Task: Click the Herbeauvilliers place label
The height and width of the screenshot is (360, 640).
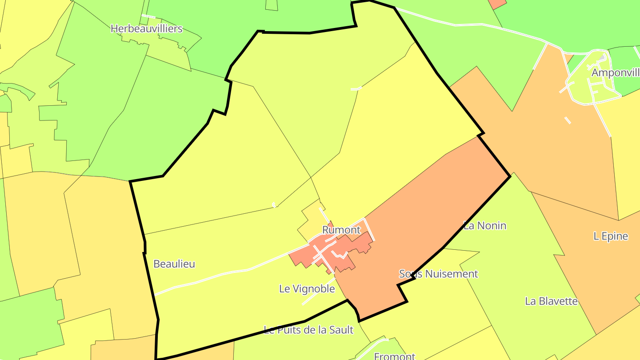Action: point(146,29)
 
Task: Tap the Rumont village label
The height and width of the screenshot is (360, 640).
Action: point(341,230)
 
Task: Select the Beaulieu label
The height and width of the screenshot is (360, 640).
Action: point(174,264)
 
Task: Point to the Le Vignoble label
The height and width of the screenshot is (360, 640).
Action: point(307,289)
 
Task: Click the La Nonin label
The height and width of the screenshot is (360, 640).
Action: point(485,226)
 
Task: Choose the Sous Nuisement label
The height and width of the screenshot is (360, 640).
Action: point(438,274)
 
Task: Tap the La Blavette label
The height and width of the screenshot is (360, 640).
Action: point(551,301)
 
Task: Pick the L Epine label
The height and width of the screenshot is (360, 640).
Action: point(611,236)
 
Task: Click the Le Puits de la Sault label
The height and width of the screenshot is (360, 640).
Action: point(308,330)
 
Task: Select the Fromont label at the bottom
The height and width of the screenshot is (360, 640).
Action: point(394,356)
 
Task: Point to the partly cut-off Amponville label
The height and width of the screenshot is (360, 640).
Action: point(616,73)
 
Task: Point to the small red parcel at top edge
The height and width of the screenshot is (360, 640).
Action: point(497,4)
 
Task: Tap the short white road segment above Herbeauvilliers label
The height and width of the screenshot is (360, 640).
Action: point(148,16)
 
